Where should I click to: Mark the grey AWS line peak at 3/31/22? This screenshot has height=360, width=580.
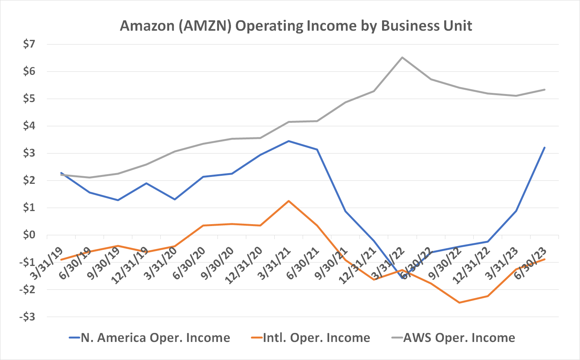pos(402,58)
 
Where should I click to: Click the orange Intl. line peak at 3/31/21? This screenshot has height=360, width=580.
pos(288,201)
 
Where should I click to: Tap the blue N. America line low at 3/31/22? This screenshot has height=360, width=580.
pos(402,278)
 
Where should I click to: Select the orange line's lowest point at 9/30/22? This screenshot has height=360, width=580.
pos(459,302)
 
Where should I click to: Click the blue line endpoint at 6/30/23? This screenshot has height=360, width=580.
pos(544,147)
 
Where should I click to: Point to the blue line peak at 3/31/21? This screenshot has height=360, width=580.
pos(288,141)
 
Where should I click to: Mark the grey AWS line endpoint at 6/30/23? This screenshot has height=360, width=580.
pos(544,89)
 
